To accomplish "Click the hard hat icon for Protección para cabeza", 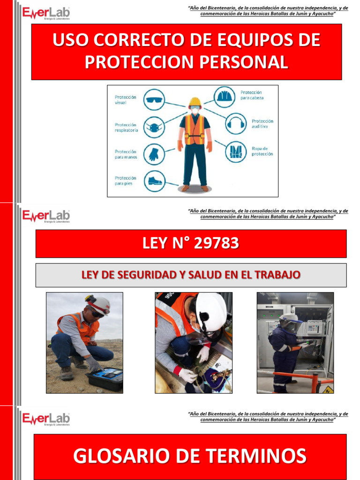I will (x=224, y=97).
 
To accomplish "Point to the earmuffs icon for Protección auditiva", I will (x=235, y=124).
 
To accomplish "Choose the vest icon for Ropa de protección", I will (x=235, y=151).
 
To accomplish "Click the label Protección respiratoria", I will (x=127, y=127).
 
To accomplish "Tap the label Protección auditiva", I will (x=262, y=124).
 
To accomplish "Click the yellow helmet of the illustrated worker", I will (x=195, y=102).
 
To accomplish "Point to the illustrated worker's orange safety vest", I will (x=195, y=129).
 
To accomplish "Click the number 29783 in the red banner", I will (x=217, y=243).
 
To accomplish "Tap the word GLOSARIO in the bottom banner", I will (x=120, y=456).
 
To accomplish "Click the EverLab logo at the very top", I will (x=46, y=13).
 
